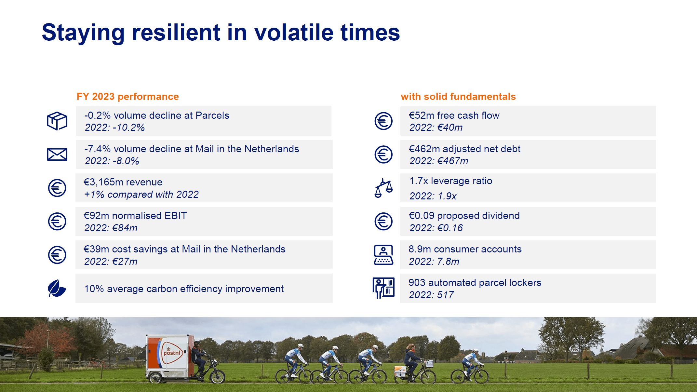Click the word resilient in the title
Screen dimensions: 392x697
pos(176,33)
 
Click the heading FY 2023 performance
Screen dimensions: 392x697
pos(127,97)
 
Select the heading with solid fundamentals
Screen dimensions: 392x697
pos(458,97)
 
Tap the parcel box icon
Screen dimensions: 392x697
pos(57,121)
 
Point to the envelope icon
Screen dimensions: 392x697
pos(57,155)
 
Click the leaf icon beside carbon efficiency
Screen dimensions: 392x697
pos(57,289)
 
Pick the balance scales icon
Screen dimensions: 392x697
pos(383,188)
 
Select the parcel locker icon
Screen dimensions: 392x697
pos(383,288)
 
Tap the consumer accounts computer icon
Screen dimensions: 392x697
pos(383,255)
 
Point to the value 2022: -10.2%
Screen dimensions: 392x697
pos(114,128)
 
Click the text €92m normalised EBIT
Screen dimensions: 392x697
pos(135,216)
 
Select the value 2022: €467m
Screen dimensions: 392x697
pos(438,161)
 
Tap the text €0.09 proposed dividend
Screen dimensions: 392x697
pos(464,216)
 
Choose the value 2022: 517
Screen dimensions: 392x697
pos(431,295)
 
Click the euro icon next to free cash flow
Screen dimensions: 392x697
pos(383,121)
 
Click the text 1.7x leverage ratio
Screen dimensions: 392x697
pos(450,181)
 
